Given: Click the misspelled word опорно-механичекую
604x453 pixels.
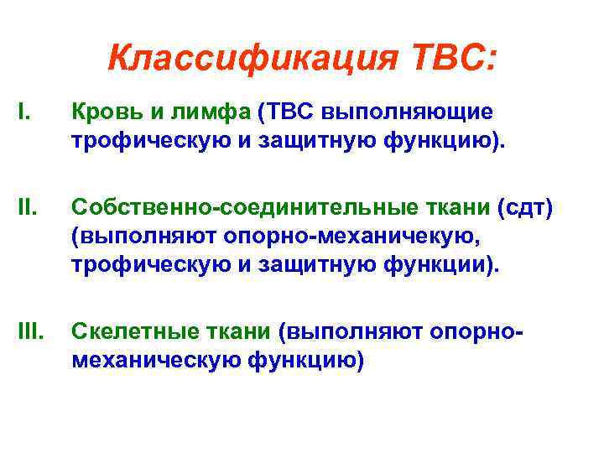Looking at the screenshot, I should click(x=350, y=237).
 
